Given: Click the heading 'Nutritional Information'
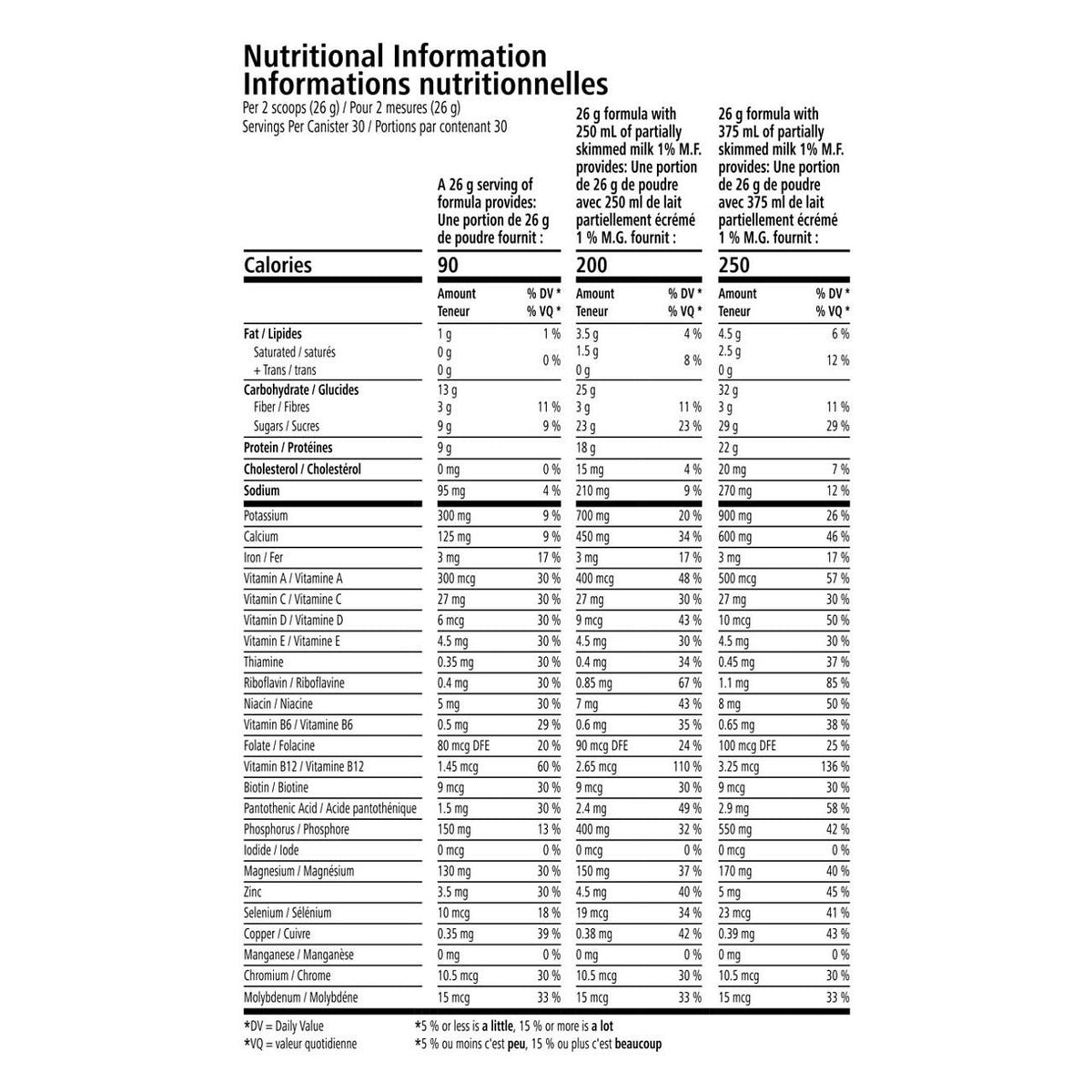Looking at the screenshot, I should (395, 56).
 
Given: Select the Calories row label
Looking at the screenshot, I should (278, 265).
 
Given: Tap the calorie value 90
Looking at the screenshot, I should (448, 265).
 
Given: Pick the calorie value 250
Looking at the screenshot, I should (733, 265).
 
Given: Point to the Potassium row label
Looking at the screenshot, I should (266, 516).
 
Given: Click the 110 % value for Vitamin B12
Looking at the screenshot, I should (687, 767).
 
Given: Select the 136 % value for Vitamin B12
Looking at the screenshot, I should (834, 767).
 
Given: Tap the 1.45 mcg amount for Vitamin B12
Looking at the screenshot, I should (458, 767).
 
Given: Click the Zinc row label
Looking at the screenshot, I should (253, 893).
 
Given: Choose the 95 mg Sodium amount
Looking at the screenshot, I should (451, 491).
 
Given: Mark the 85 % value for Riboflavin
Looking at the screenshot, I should (837, 683).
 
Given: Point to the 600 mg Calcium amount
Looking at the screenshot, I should (736, 537).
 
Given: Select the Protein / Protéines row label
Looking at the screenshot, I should (288, 448).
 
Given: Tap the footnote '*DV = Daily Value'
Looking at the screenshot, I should (283, 1026).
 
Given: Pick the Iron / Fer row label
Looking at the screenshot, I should (265, 558).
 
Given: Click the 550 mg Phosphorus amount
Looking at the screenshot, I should (736, 830).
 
